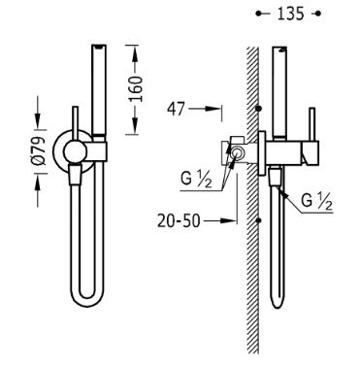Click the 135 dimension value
click(x=290, y=14)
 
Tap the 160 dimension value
click(x=136, y=89)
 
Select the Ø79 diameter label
click(x=39, y=151)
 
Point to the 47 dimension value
click(x=176, y=109)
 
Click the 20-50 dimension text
click(x=179, y=221)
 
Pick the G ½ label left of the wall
click(x=196, y=180)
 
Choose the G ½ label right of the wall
click(x=316, y=201)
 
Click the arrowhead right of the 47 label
click(x=214, y=109)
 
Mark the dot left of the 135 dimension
click(x=258, y=14)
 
